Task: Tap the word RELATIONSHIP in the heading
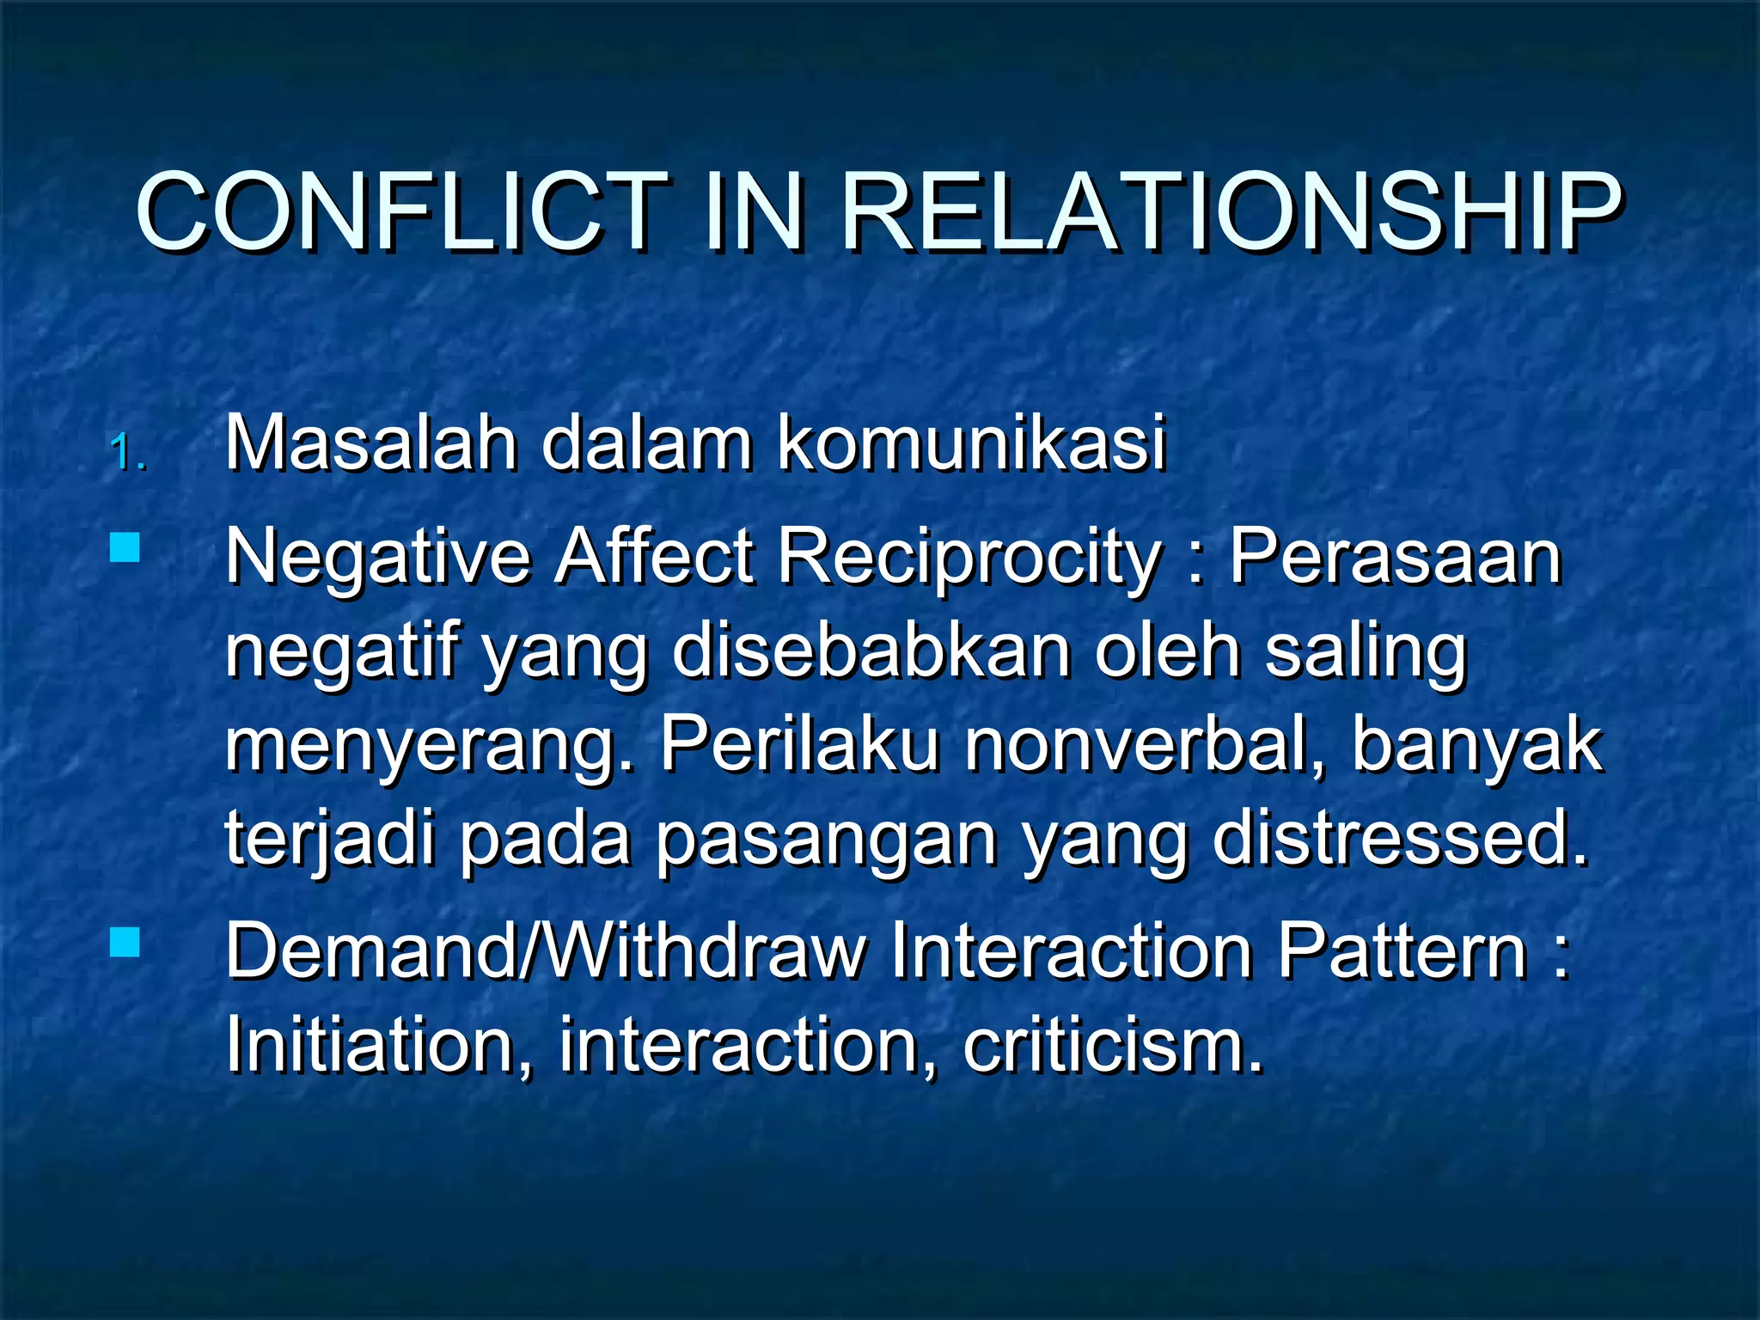click(1230, 212)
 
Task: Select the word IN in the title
click(754, 212)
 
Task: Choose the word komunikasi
click(971, 444)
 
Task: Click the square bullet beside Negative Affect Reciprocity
click(125, 547)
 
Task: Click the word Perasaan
click(1395, 556)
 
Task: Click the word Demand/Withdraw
click(547, 951)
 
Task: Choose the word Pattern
click(1402, 951)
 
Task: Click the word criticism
click(1112, 1046)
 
